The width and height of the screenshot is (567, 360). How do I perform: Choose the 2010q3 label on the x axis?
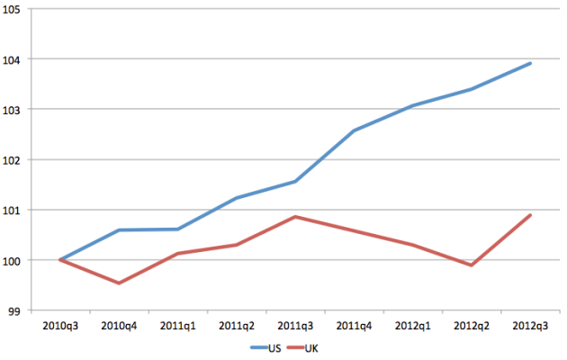click(59, 324)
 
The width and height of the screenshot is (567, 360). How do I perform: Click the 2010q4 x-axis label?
click(119, 324)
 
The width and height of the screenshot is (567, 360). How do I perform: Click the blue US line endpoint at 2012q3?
click(531, 63)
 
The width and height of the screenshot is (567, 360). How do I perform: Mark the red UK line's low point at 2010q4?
click(119, 283)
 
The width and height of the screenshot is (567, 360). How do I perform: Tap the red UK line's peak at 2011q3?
click(295, 217)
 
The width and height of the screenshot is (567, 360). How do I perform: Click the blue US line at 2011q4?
click(355, 130)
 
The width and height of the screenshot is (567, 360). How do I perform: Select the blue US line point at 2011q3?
click(295, 181)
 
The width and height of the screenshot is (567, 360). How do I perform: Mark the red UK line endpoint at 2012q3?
click(531, 215)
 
